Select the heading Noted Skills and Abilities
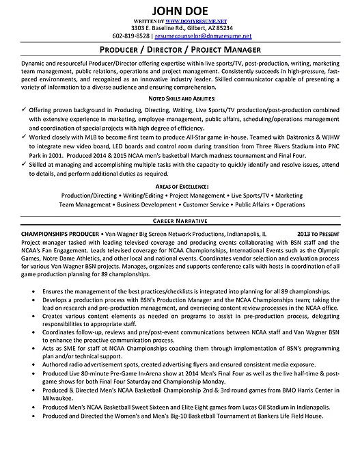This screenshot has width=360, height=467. [180, 99]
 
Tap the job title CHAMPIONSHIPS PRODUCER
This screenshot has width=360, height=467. [45, 233]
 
